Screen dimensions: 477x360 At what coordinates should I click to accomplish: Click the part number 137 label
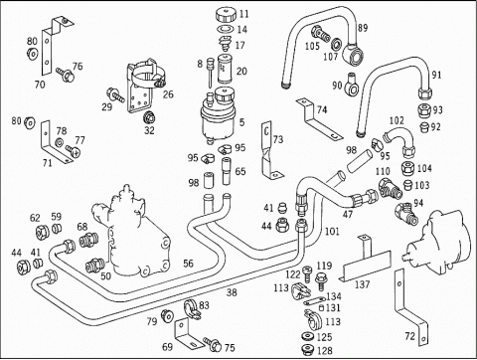362,284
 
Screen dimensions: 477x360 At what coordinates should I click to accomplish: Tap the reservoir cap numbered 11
226,15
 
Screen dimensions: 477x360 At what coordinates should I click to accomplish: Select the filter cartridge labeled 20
225,69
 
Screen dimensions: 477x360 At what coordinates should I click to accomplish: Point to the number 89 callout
363,28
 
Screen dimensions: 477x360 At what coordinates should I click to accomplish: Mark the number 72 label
409,336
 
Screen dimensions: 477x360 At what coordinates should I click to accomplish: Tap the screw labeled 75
213,343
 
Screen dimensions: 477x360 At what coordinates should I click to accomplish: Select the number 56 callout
188,264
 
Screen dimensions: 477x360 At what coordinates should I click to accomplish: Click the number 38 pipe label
232,292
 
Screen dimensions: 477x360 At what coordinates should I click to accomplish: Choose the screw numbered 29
115,94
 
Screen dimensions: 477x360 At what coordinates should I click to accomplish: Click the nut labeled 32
149,118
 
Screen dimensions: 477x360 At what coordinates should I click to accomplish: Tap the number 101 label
332,231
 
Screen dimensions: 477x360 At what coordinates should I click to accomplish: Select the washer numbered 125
308,337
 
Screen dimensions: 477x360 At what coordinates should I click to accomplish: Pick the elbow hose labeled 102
399,141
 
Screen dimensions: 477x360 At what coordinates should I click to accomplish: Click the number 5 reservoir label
242,122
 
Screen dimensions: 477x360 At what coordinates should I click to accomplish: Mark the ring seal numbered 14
226,29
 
